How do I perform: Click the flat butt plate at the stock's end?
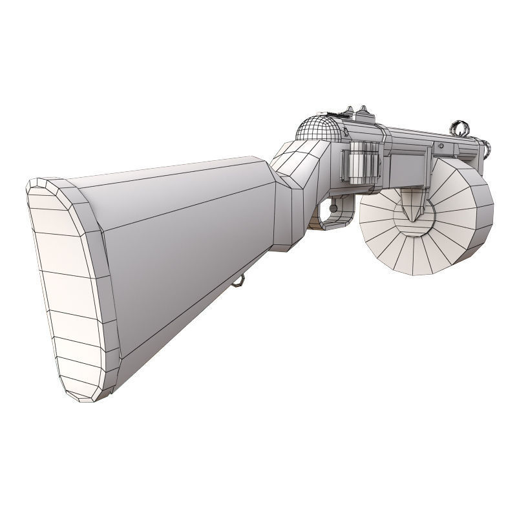click(71, 284)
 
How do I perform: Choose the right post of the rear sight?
click(365, 111)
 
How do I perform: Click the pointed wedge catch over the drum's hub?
click(411, 210)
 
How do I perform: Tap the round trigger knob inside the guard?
click(333, 207)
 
